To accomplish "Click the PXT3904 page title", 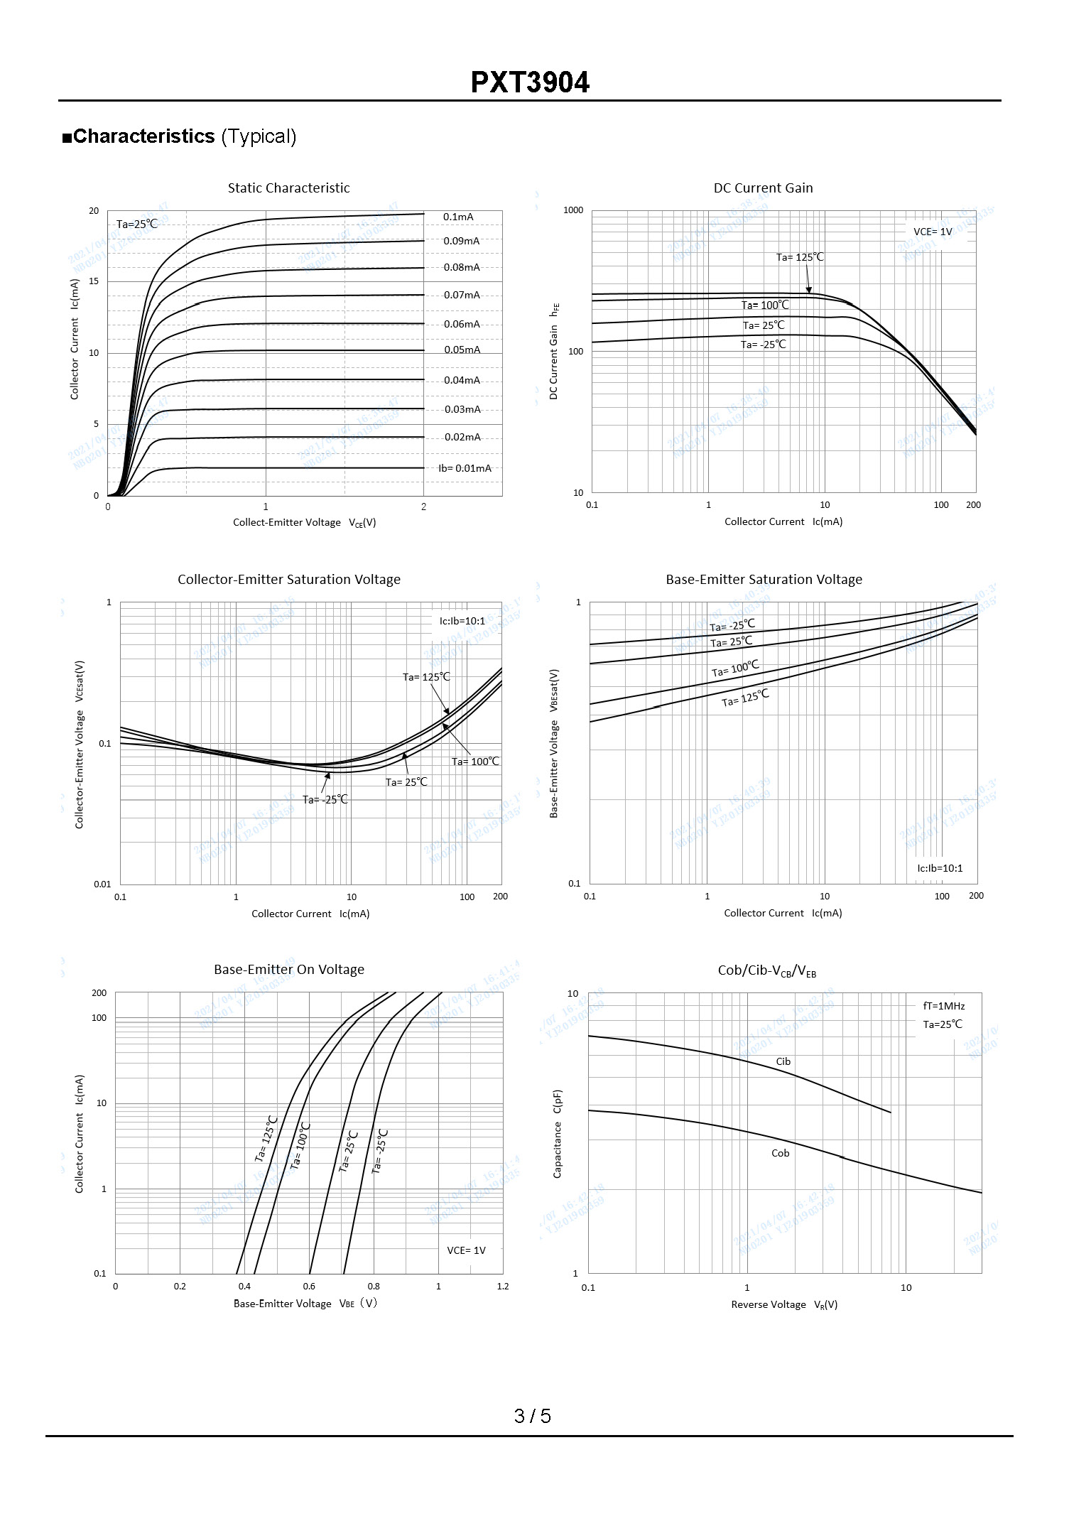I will point(530,82).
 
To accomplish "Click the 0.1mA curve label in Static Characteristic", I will point(458,217).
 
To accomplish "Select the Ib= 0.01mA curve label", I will point(465,468).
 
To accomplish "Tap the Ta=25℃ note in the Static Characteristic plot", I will point(137,224).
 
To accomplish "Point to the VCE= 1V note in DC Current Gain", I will point(933,232).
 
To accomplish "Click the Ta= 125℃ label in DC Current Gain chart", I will point(800,257).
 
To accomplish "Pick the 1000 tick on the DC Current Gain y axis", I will point(573,210).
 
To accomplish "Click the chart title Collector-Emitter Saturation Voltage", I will point(289,580).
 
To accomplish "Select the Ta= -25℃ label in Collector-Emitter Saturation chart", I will point(325,799).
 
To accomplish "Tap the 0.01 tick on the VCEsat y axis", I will point(103,884).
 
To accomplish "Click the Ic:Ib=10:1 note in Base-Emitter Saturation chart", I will point(940,868).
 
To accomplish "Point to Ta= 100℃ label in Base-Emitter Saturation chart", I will point(735,669).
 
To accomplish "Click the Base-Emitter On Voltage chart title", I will point(289,970).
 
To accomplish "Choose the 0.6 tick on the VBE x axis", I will point(309,1286).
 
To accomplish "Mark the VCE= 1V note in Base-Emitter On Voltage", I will point(466,1250).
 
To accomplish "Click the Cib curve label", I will point(783,1061).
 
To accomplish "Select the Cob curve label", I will point(781,1153).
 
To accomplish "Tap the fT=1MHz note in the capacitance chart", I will point(944,1006).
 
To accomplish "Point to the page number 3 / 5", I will point(533,1416).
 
